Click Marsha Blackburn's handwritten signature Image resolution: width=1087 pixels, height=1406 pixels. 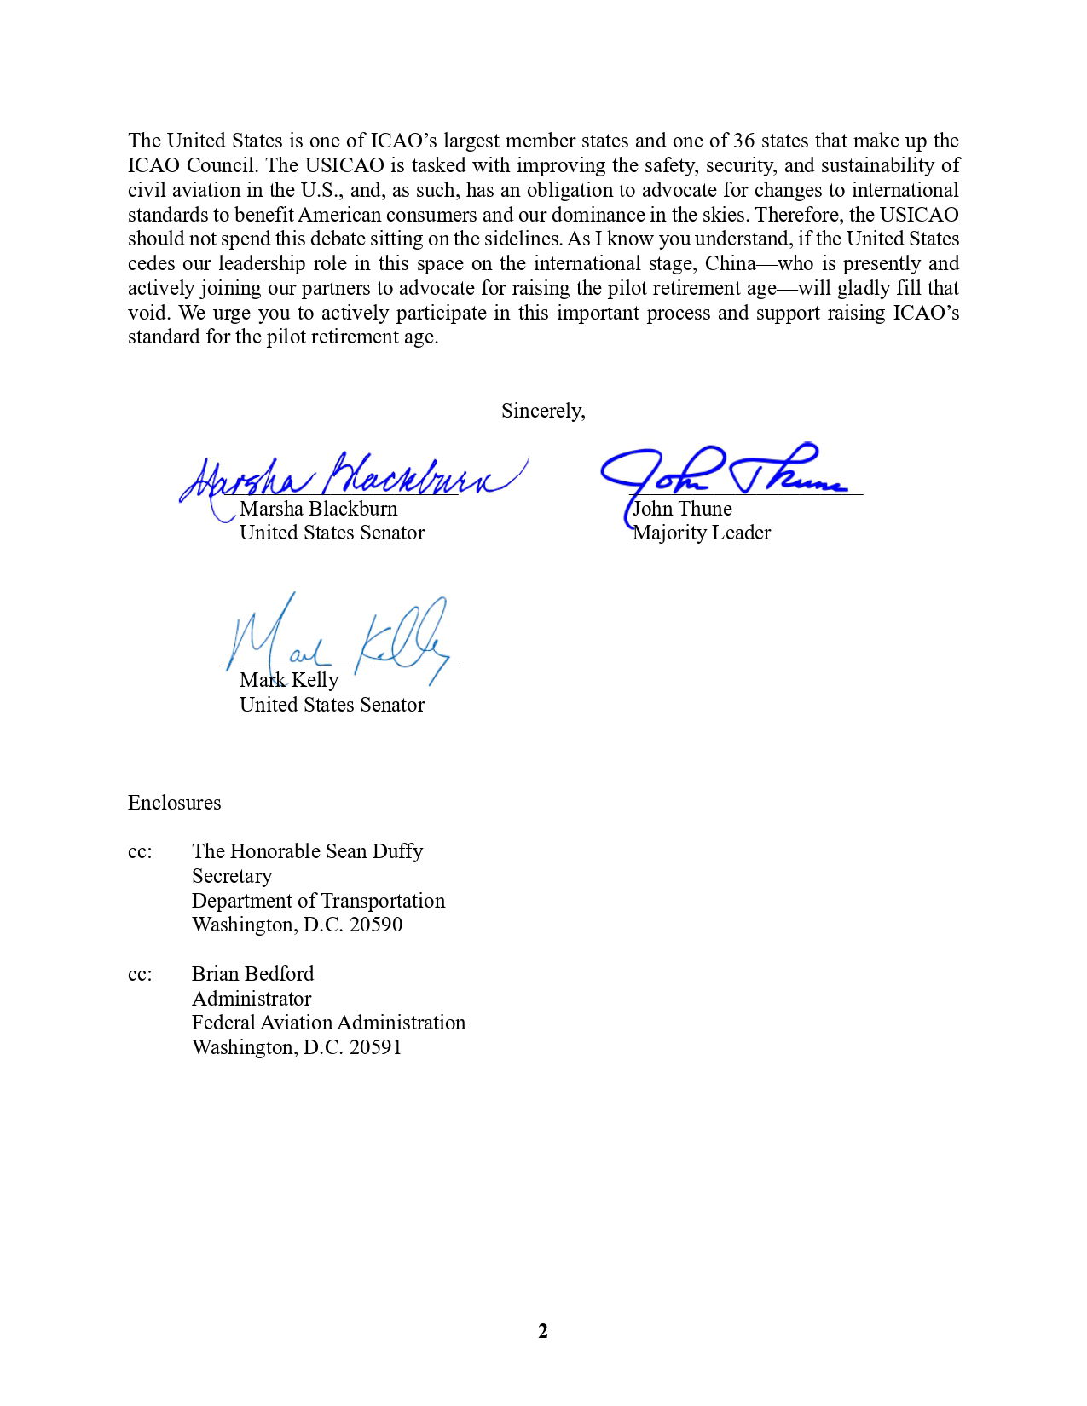[350, 477]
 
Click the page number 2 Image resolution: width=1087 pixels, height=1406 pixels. [543, 1331]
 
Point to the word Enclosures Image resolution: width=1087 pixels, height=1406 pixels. [174, 803]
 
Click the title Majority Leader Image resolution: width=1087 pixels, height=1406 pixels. [701, 533]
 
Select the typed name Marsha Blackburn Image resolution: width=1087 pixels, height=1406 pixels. [318, 509]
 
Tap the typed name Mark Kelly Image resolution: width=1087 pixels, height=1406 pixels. [289, 680]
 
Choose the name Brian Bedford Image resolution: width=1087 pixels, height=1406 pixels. [252, 974]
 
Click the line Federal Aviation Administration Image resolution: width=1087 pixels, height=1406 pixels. [328, 1023]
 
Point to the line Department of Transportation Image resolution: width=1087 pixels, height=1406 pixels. [318, 901]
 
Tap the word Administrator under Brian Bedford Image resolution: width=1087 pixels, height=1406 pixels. [252, 999]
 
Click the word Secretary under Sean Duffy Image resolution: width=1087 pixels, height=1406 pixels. [232, 876]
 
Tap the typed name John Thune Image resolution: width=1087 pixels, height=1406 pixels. [682, 509]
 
